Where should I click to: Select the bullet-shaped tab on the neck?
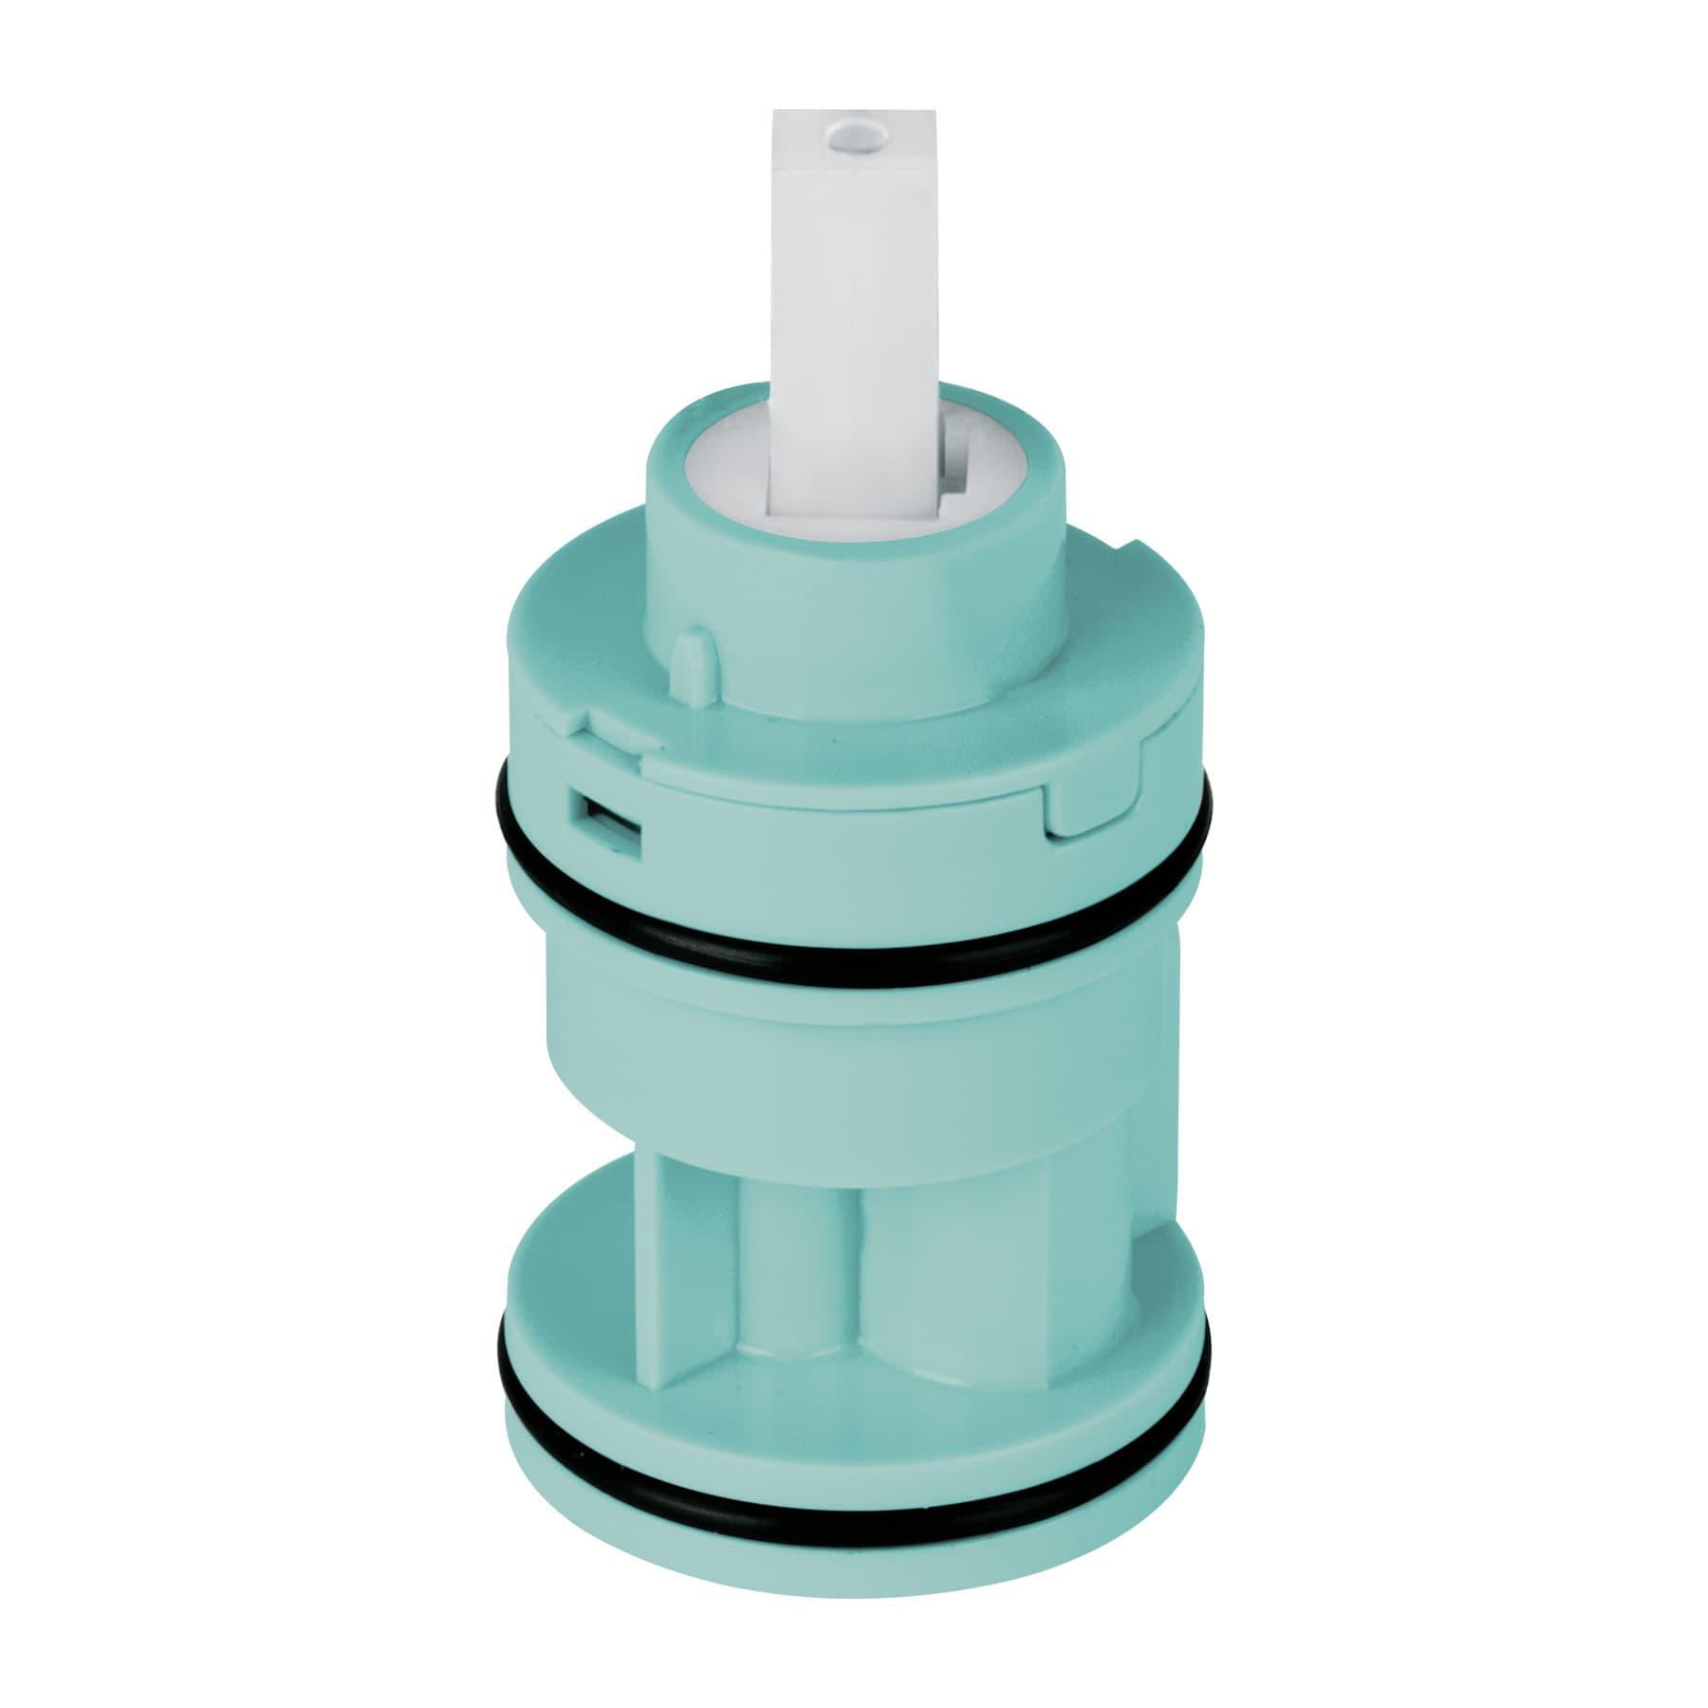[x=690, y=655]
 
